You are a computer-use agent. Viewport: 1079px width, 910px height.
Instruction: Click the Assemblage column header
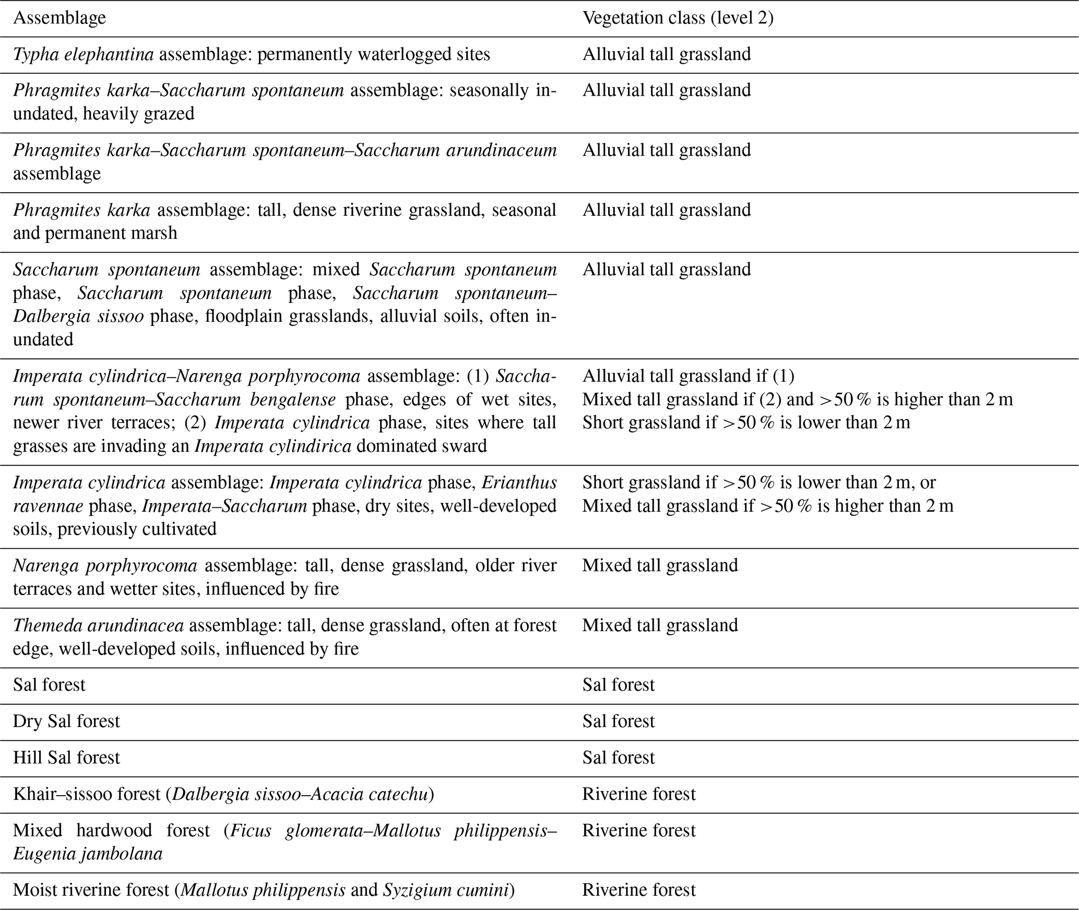pos(59,18)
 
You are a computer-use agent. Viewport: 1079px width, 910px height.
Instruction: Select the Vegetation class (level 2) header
pos(678,18)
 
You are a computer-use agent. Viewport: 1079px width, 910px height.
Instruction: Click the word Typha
pos(35,54)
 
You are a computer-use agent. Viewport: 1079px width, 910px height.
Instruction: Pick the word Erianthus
pos(519,483)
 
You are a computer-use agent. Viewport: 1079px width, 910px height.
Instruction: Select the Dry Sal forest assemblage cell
pos(66,721)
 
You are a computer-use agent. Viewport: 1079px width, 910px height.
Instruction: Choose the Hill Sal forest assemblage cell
pos(66,758)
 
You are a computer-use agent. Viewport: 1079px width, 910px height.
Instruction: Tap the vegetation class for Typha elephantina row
pos(667,54)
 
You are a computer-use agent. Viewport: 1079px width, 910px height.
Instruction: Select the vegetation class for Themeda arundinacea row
pos(660,625)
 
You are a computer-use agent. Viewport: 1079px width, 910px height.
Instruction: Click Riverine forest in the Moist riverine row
pos(639,890)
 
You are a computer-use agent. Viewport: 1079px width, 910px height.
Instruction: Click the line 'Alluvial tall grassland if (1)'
pos(688,376)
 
